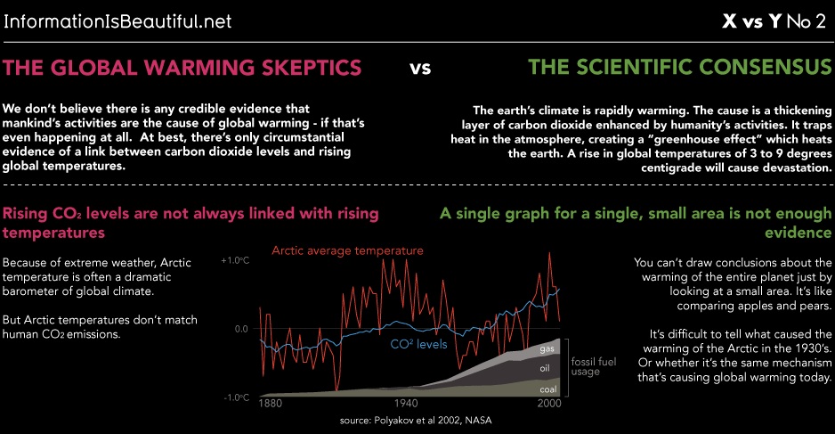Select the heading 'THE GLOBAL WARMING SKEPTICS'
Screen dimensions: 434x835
[183, 68]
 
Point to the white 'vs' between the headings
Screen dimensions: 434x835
[420, 68]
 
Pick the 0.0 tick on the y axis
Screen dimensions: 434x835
[241, 329]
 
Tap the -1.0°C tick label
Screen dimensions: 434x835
[235, 397]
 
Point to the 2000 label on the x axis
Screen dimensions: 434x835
[547, 404]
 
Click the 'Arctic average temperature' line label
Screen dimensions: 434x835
[347, 250]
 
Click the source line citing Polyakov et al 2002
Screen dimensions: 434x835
[416, 420]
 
